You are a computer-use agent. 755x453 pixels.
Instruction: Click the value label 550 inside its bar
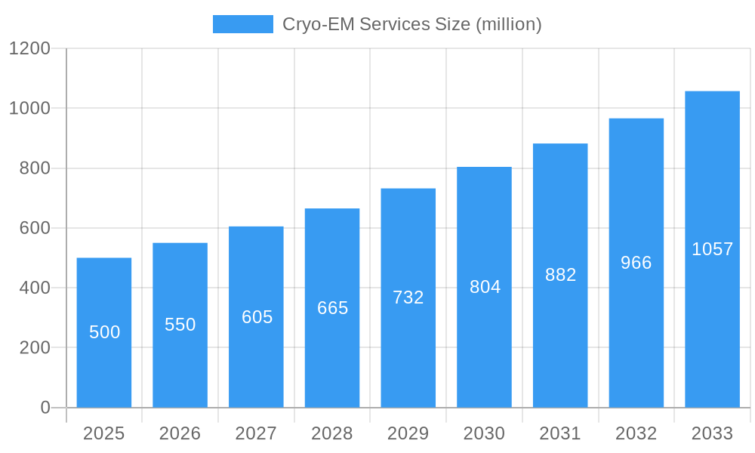(180, 325)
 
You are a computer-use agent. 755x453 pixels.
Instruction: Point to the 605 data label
(257, 317)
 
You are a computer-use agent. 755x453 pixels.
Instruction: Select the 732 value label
(408, 297)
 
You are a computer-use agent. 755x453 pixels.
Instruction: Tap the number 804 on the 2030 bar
(485, 287)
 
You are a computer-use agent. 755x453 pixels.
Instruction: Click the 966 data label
(636, 263)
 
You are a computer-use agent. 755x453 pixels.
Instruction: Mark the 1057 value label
(712, 249)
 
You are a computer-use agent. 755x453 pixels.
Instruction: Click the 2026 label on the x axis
(180, 433)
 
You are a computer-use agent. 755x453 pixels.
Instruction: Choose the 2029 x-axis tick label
(408, 433)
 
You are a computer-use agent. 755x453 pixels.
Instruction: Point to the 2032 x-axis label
(636, 433)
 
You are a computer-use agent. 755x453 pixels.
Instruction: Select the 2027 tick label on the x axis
(257, 433)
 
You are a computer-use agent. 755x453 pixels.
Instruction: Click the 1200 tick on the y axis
(29, 48)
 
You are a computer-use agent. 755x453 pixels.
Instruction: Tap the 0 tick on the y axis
(45, 408)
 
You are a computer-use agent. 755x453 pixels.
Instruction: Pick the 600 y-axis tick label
(35, 228)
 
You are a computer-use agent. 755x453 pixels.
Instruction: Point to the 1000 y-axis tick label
(29, 108)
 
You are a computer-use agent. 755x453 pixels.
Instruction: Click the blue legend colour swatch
(243, 24)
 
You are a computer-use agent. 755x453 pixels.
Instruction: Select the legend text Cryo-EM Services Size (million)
(412, 24)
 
